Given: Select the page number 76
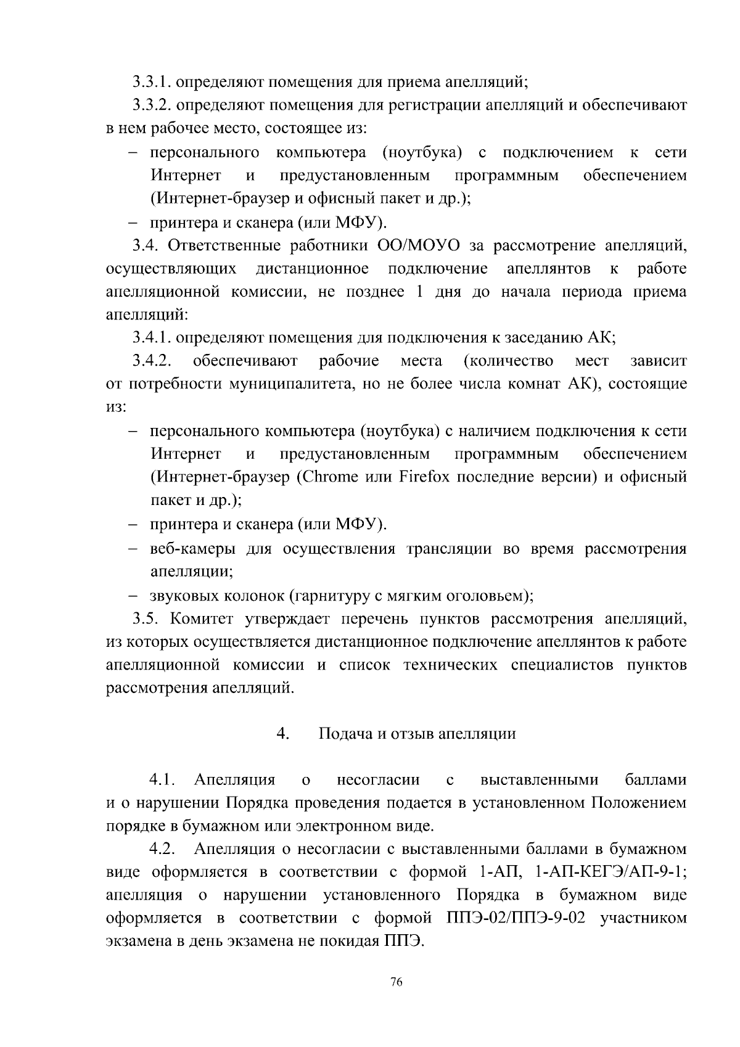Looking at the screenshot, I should [x=397, y=982].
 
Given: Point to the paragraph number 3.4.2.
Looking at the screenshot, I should [x=152, y=361].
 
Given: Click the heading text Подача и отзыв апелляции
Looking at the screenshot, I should [x=417, y=734].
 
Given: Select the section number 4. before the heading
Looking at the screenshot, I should [x=283, y=734].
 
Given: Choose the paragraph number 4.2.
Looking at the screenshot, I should [x=162, y=849].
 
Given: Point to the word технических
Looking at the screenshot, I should [x=450, y=665].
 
